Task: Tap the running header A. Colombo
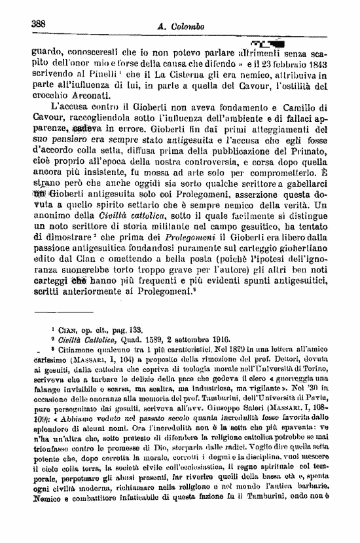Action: click(x=181, y=26)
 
